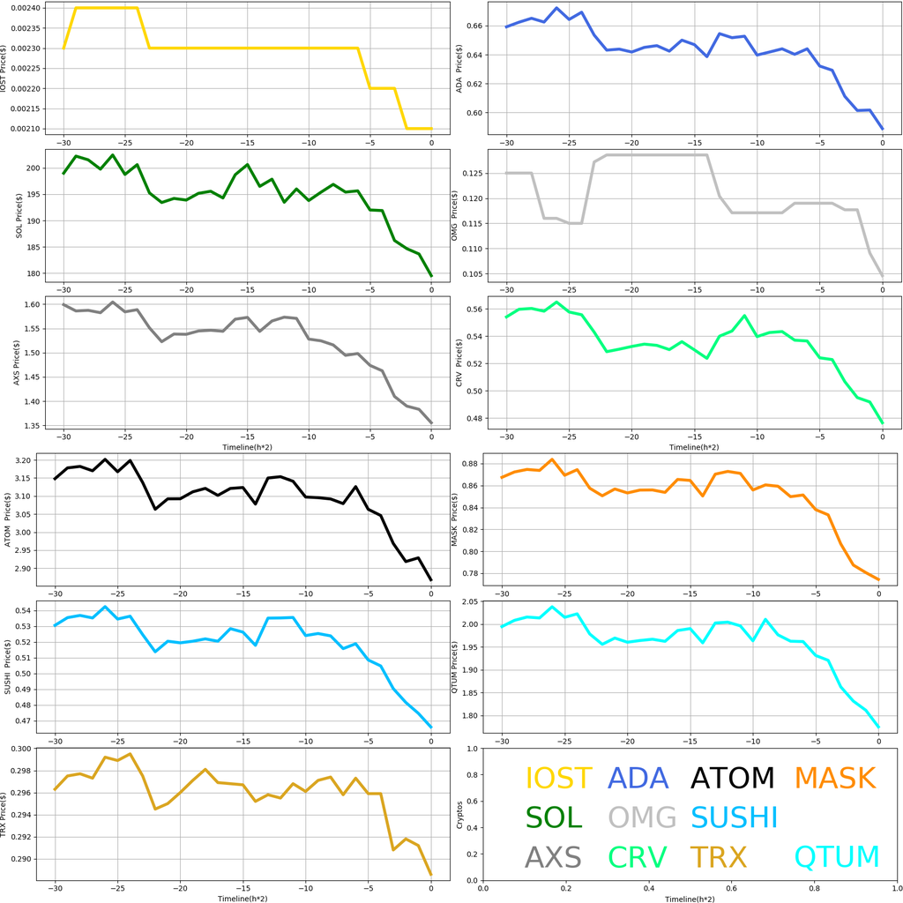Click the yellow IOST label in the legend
[x=558, y=778]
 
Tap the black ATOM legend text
[x=732, y=778]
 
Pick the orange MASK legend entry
[x=834, y=778]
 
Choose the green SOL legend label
[x=554, y=817]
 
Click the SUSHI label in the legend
[x=734, y=817]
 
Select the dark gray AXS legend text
[x=553, y=856]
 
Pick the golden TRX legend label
[x=718, y=856]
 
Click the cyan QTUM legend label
[x=837, y=856]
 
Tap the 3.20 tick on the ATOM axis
[x=26, y=460]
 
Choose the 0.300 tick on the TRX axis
[x=23, y=749]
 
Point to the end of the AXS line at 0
[x=431, y=423]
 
